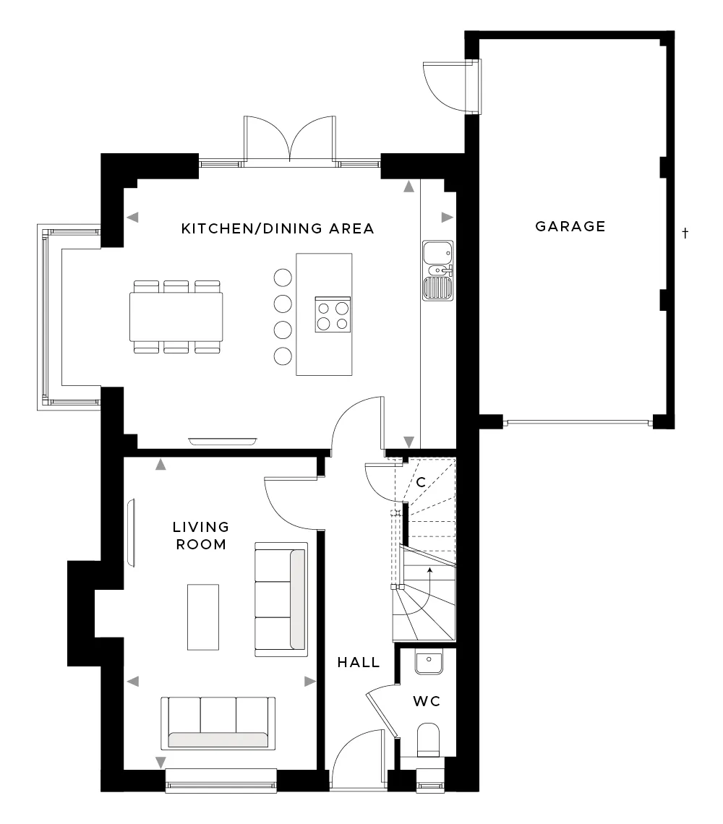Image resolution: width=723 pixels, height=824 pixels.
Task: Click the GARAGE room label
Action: pyautogui.click(x=570, y=226)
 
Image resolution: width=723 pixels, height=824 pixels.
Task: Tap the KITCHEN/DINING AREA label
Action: pyautogui.click(x=278, y=228)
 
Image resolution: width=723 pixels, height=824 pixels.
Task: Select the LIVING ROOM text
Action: pyautogui.click(x=201, y=536)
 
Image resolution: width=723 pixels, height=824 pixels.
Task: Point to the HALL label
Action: pyautogui.click(x=359, y=662)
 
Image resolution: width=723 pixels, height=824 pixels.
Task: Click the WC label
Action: pyautogui.click(x=427, y=701)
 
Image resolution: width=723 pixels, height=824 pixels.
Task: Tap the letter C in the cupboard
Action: pyautogui.click(x=421, y=482)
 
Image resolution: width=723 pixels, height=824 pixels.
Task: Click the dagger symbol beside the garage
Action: pyautogui.click(x=685, y=233)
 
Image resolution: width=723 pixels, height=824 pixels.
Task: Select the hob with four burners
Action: pyautogui.click(x=333, y=314)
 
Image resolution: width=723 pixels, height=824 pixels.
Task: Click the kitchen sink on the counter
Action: pyautogui.click(x=438, y=271)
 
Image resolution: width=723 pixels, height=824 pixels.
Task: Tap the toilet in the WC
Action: pyautogui.click(x=428, y=740)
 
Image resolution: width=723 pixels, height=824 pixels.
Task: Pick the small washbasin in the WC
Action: pyautogui.click(x=429, y=661)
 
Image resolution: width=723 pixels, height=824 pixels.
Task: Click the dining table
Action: pyautogui.click(x=176, y=317)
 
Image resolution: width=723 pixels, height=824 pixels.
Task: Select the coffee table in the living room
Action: pyautogui.click(x=203, y=617)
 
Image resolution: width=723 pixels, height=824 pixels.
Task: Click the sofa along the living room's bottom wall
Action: pyautogui.click(x=218, y=724)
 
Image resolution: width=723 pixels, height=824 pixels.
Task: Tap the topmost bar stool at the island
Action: pyautogui.click(x=283, y=278)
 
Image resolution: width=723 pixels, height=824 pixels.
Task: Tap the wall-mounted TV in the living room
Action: pyautogui.click(x=131, y=532)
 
